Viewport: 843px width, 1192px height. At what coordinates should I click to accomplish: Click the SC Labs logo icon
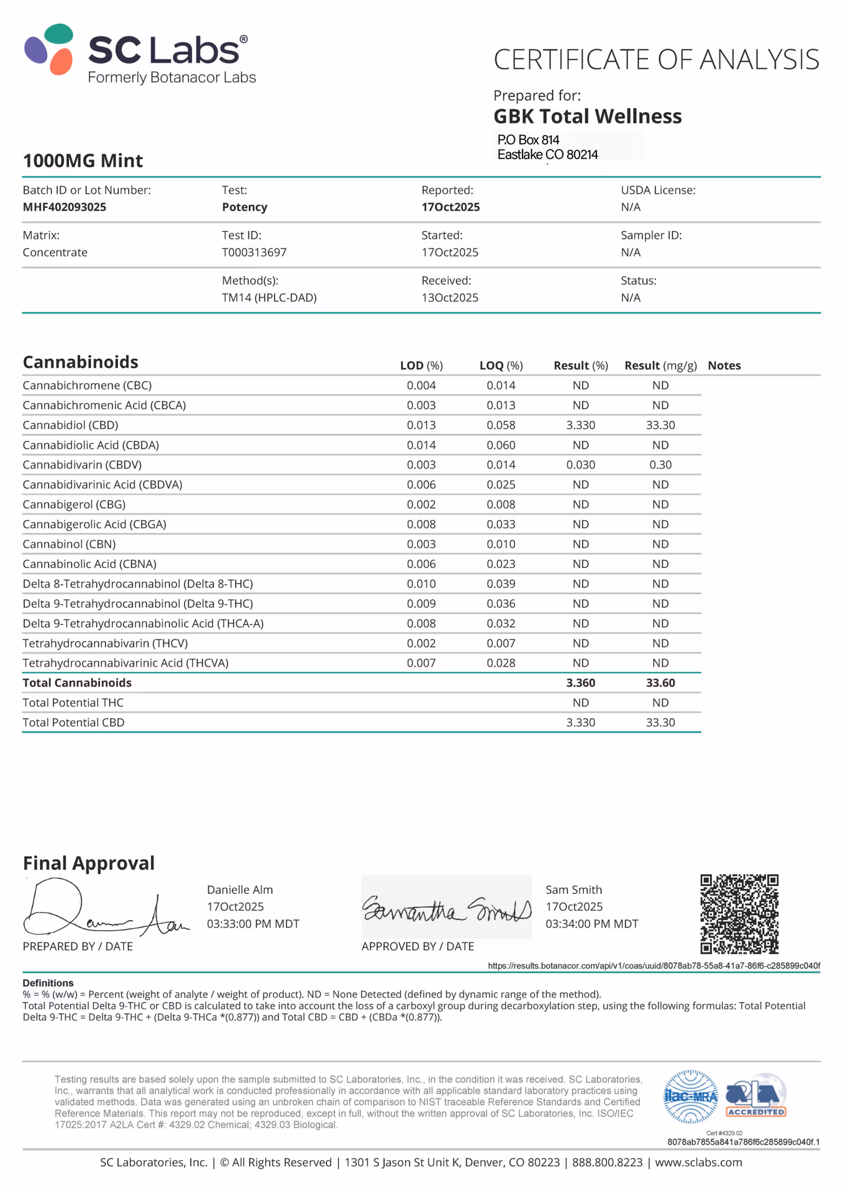coord(49,49)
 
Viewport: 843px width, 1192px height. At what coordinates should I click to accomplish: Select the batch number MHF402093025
coord(65,207)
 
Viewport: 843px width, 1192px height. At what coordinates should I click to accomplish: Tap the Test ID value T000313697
coord(254,253)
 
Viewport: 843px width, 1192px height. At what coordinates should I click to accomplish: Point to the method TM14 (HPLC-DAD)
coord(269,298)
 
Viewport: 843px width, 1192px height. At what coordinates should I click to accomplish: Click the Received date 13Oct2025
coord(450,298)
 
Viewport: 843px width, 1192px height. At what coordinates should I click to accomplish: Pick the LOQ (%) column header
coord(501,366)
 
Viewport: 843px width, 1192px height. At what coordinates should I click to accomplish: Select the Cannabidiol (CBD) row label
coord(70,425)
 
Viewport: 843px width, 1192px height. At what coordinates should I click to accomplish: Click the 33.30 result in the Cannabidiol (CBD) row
coord(660,425)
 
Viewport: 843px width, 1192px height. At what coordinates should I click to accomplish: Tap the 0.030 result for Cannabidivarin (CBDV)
coord(580,465)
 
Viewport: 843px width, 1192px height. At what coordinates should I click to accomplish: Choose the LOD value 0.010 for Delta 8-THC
coord(421,584)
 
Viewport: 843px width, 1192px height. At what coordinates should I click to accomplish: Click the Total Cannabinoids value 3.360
coord(580,683)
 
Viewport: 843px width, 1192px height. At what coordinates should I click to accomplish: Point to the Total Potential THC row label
coord(73,703)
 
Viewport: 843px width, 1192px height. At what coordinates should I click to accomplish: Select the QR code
coord(739,914)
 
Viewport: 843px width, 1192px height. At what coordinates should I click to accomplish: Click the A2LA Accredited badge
coord(755,1096)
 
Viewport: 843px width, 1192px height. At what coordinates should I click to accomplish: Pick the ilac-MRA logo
coord(691,1097)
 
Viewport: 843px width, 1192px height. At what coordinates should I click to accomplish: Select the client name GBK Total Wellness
coord(587,117)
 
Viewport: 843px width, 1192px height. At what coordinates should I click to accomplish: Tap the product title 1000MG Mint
coord(83,161)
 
